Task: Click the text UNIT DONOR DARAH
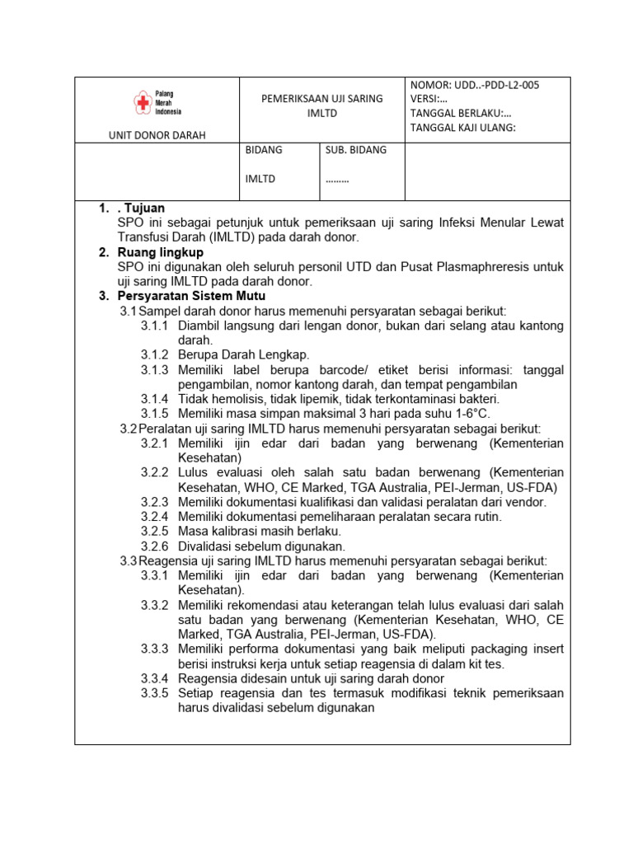pos(157,135)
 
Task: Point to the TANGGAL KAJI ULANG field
pos(462,127)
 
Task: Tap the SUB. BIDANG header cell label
pos(355,150)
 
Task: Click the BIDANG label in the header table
pos(264,150)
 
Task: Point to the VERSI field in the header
pos(428,99)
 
